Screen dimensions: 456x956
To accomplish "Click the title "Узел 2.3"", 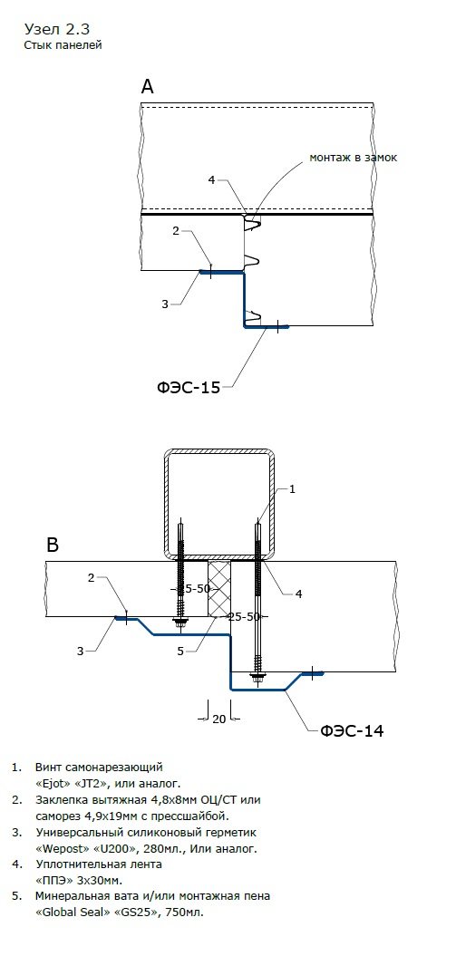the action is [60, 28].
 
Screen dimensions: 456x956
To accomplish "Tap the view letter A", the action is [147, 87].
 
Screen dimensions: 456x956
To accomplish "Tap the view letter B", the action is [53, 545].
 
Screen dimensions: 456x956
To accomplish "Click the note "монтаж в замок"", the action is [354, 158].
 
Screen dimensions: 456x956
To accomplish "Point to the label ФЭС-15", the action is [189, 387].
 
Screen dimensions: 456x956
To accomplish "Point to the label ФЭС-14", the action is [353, 730].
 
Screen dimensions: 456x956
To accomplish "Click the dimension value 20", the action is [218, 719].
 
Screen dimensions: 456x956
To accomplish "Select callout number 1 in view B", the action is [292, 489].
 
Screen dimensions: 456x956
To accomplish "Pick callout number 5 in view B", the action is [180, 652].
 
